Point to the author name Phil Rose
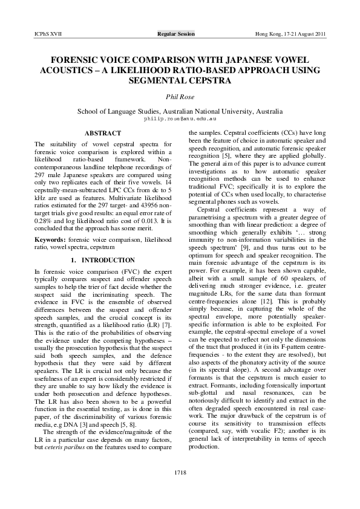(x=180, y=97)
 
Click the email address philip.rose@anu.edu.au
(x=180, y=119)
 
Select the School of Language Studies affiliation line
(x=180, y=112)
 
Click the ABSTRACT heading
(x=102, y=133)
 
